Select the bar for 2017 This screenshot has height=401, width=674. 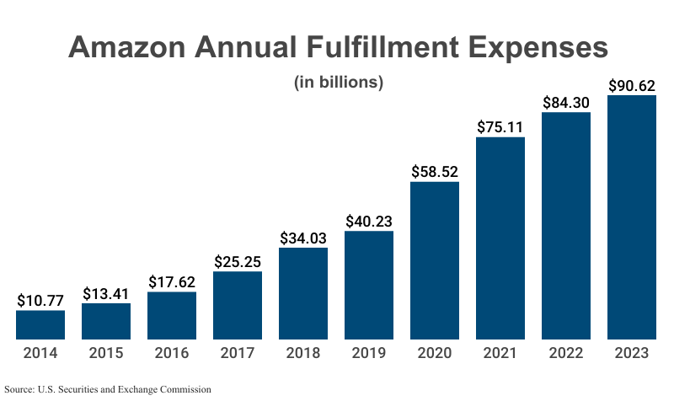(238, 306)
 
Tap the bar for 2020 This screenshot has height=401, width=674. (435, 261)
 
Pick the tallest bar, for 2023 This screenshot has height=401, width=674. (632, 217)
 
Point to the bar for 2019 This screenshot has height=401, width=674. (369, 286)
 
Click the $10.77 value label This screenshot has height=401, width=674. (40, 300)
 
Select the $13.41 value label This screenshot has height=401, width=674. (106, 293)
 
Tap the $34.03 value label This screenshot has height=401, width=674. (303, 238)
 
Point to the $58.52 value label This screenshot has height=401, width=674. (435, 171)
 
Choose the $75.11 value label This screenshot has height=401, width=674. (500, 127)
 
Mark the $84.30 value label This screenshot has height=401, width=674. (566, 103)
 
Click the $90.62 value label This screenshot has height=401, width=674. (632, 85)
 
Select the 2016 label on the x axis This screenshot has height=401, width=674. (172, 354)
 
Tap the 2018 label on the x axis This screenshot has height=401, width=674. (303, 354)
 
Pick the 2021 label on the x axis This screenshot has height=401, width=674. (500, 354)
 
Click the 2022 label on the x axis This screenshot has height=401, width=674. (566, 354)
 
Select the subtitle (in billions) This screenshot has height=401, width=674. (338, 83)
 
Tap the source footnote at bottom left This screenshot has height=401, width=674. (107, 389)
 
